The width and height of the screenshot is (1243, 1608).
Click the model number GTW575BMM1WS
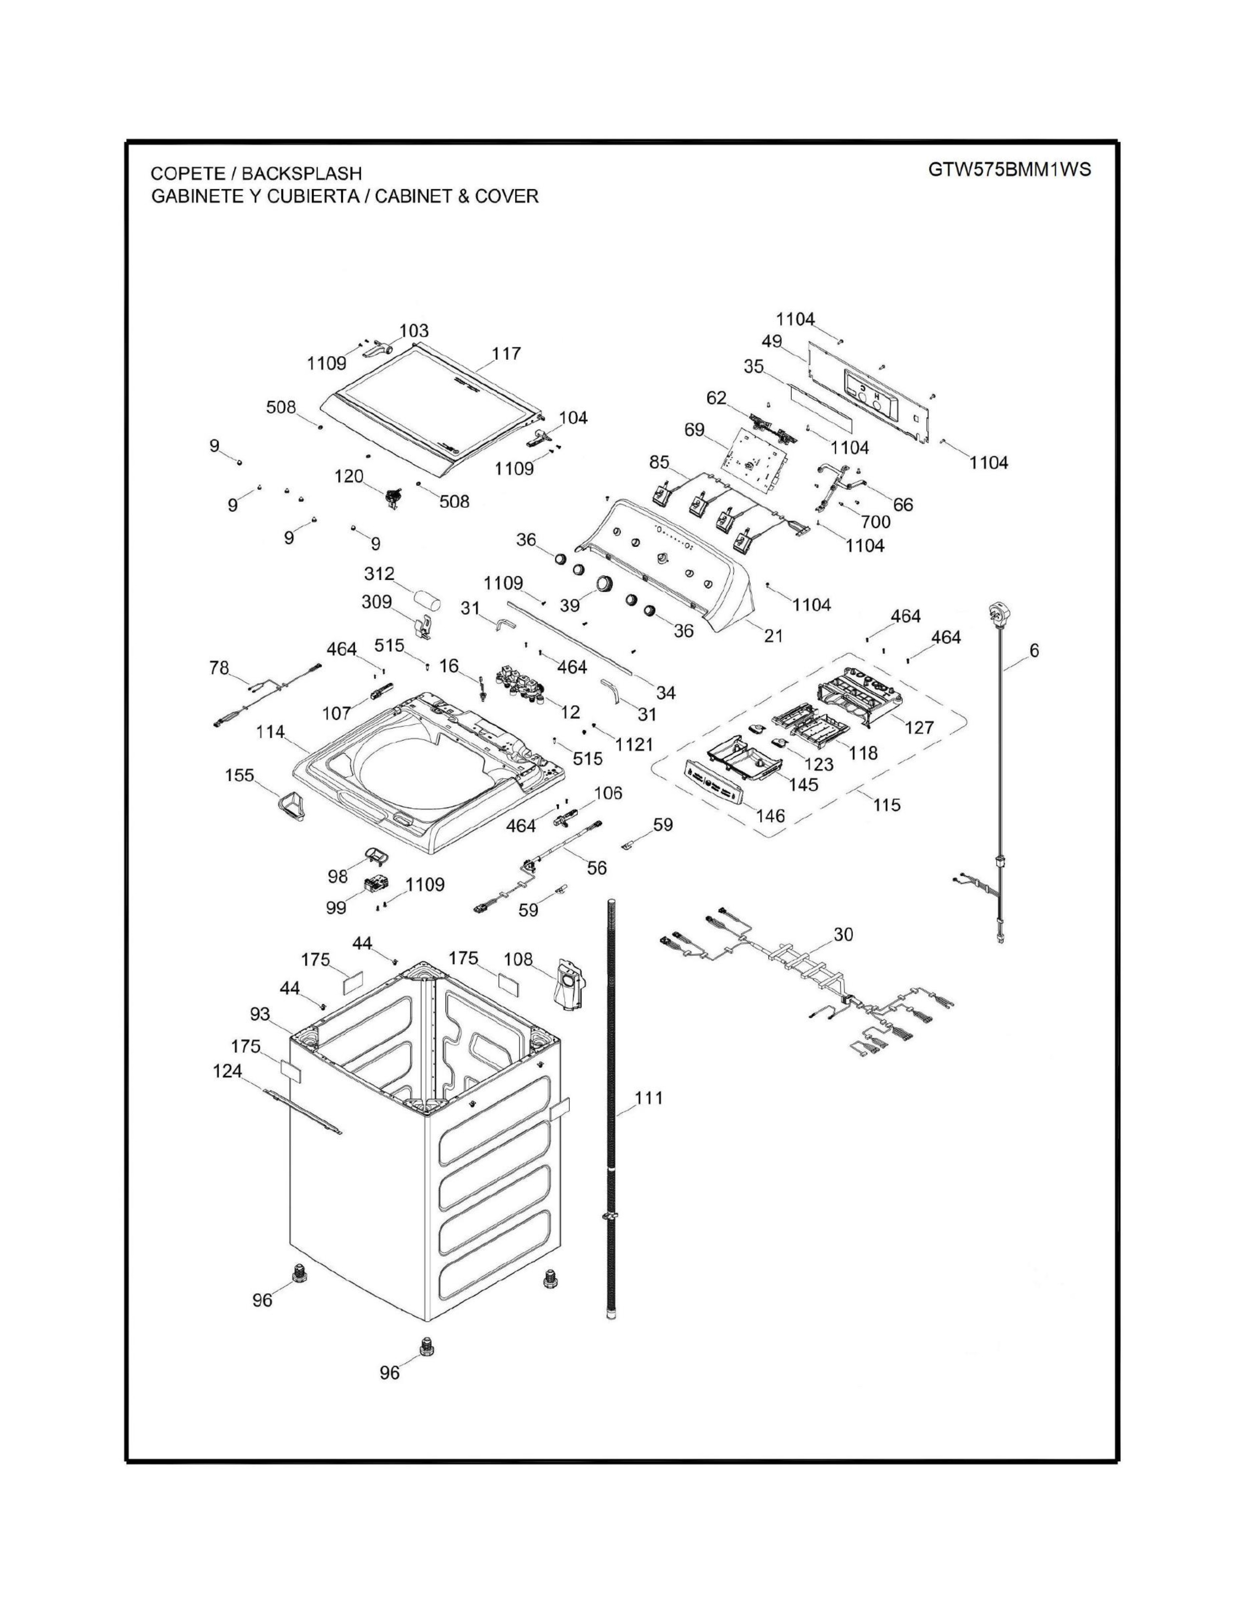coord(1009,170)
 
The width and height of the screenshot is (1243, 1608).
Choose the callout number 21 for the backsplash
coord(773,635)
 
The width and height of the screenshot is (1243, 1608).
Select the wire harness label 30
coord(843,934)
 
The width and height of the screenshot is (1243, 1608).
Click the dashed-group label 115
coord(887,805)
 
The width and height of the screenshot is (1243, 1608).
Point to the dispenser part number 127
coord(919,727)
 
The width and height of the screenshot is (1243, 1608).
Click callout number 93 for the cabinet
coord(260,1015)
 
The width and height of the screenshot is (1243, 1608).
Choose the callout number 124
coord(228,1071)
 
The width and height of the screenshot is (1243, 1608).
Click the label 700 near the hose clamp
coord(875,522)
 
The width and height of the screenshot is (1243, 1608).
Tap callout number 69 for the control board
coord(695,430)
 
